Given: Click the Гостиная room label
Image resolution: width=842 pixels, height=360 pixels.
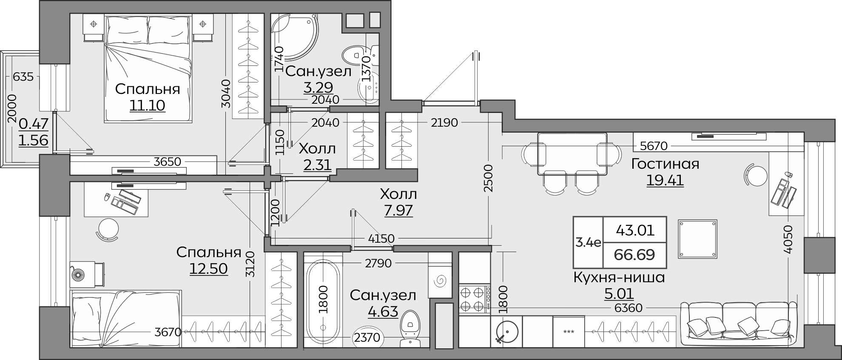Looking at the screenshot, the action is point(665,164).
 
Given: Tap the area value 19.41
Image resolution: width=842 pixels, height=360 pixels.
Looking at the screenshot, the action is point(665,180).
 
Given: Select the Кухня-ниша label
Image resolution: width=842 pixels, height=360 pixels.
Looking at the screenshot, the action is point(619,278).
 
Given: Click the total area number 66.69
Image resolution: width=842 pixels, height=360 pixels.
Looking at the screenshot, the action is point(634,255).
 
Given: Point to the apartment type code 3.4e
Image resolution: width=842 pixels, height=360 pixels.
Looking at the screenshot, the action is point(588,243).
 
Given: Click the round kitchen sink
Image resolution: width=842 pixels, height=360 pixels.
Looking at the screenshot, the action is point(506,332).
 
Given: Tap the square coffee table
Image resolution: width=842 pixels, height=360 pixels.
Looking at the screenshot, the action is point(697,239).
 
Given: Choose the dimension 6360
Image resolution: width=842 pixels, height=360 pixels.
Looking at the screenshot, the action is point(629,308).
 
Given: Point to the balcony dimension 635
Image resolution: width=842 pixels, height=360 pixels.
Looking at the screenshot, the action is point(23,77).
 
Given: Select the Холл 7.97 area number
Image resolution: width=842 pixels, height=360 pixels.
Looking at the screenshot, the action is point(398,210).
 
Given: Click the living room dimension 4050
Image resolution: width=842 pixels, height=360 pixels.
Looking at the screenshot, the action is point(788,240).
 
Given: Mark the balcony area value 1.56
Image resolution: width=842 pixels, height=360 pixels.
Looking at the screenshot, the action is point(33,140).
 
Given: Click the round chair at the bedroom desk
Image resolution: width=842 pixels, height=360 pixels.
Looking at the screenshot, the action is point(107,230).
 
